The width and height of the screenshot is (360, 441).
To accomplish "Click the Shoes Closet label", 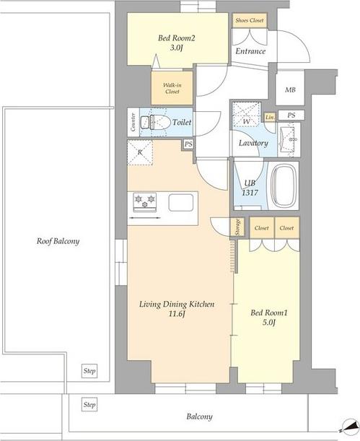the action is coord(250,20).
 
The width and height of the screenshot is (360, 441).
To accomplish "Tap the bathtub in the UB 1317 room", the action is coord(285,185).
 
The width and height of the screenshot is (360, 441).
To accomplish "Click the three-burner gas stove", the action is coord(145,202).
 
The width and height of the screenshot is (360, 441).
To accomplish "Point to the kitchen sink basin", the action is coord(180,203).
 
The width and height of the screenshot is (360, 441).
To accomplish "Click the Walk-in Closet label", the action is coord(172,88).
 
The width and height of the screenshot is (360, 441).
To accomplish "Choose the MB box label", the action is coord(290,90).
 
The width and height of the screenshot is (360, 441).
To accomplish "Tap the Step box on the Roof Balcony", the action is coord(89,371).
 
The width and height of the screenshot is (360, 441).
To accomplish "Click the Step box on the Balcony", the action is coord(89,405).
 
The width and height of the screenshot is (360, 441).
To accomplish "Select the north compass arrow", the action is coord(348,426).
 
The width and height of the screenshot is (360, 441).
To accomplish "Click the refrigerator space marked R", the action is coord(140,152).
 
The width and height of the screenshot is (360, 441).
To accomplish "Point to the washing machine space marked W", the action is coord(247,114).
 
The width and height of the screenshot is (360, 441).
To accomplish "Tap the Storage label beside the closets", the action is coord(238,227).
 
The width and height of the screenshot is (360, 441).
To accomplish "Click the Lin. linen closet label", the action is coord(270,117).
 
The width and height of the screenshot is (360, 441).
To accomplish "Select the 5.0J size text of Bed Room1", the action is coord(268,323).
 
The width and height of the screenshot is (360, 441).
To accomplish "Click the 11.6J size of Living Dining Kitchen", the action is coord(177,314).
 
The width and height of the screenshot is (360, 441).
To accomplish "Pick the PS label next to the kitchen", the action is coord(188,144).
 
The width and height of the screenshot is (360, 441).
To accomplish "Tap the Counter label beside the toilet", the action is coord(133,122).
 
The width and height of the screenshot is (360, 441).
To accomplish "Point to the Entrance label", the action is coord(250,51).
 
